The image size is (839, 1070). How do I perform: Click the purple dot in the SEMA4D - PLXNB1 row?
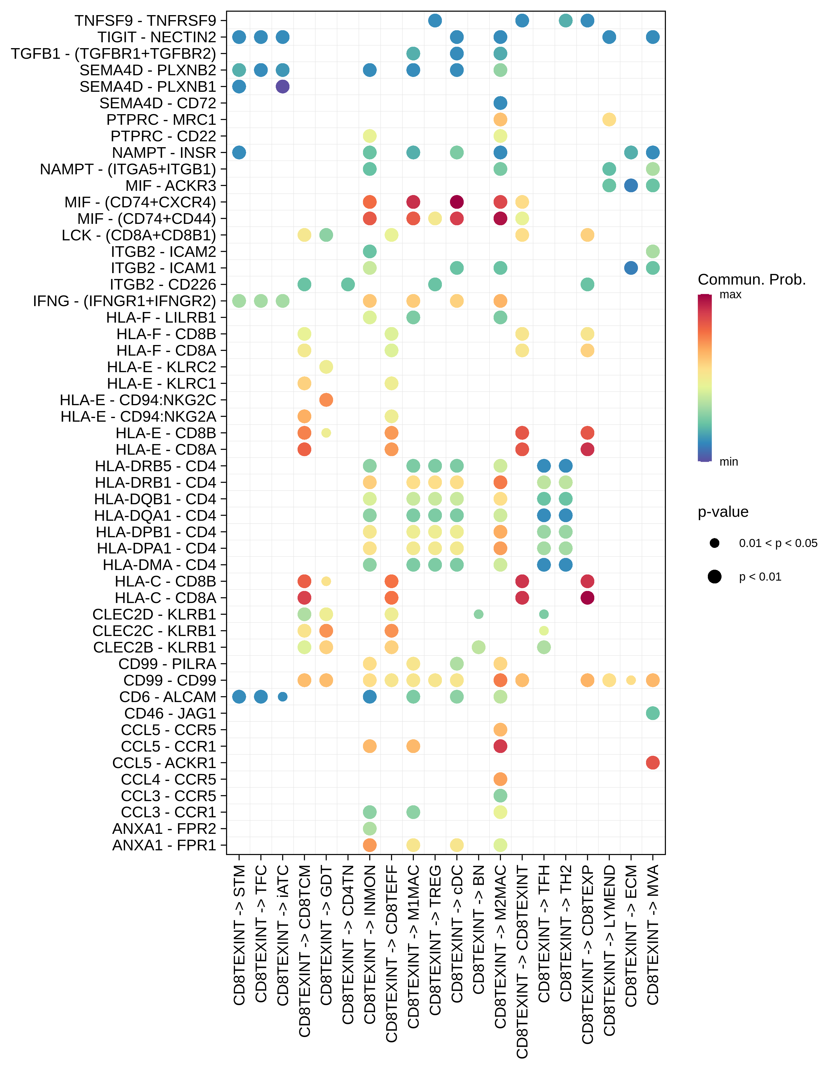[x=282, y=86]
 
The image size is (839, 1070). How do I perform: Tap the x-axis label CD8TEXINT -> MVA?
[x=652, y=935]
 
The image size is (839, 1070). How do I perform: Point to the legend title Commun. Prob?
[x=751, y=280]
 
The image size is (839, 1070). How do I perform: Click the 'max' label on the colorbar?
[x=730, y=295]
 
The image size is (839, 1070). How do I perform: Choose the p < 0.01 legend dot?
[x=715, y=576]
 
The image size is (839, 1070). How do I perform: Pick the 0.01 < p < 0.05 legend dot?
[x=715, y=543]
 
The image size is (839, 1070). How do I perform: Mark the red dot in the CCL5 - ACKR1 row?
[x=652, y=763]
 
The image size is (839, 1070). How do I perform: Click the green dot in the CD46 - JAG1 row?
[x=652, y=713]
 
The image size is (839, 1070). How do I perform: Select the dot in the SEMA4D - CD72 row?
[x=500, y=103]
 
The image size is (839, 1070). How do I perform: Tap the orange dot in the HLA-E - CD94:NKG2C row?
[x=326, y=400]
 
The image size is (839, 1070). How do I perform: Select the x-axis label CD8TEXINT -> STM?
[x=239, y=935]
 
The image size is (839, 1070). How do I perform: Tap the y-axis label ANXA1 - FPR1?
[x=164, y=845]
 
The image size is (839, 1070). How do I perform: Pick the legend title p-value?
[x=723, y=512]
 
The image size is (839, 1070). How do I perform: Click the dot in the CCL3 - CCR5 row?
[x=500, y=796]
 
